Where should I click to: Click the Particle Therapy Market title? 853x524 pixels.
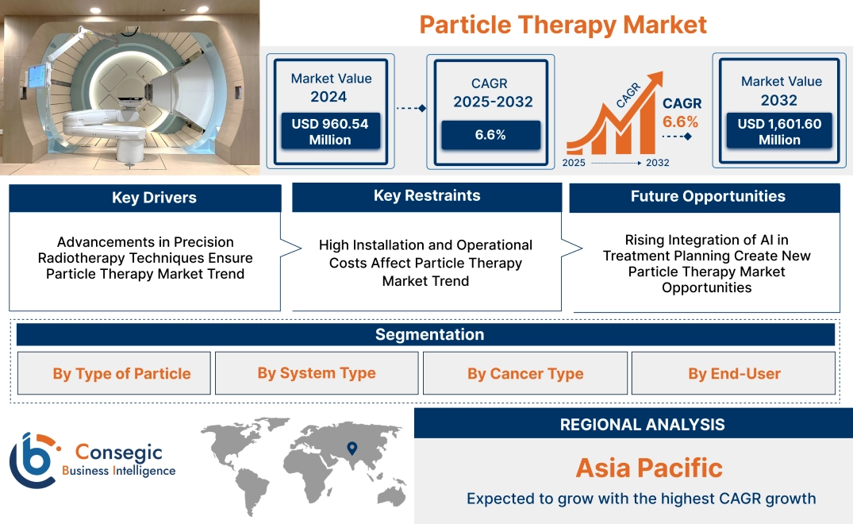tap(563, 24)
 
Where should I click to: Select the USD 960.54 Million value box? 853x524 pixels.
tap(329, 131)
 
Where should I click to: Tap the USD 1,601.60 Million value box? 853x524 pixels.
tap(779, 131)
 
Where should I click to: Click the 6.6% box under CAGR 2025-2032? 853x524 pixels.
tap(490, 135)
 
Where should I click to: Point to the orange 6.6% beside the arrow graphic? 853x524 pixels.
tap(680, 121)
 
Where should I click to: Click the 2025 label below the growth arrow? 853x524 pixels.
tap(575, 163)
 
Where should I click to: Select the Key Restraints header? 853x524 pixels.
tap(427, 196)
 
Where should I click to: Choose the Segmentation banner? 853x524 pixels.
tap(429, 334)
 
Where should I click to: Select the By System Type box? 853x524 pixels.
tap(317, 373)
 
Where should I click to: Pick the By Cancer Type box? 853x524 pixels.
tap(525, 373)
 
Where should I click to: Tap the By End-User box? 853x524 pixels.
tap(734, 373)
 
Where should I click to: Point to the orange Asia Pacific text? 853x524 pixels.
tap(649, 467)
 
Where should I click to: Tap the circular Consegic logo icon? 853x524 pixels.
tap(33, 460)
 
